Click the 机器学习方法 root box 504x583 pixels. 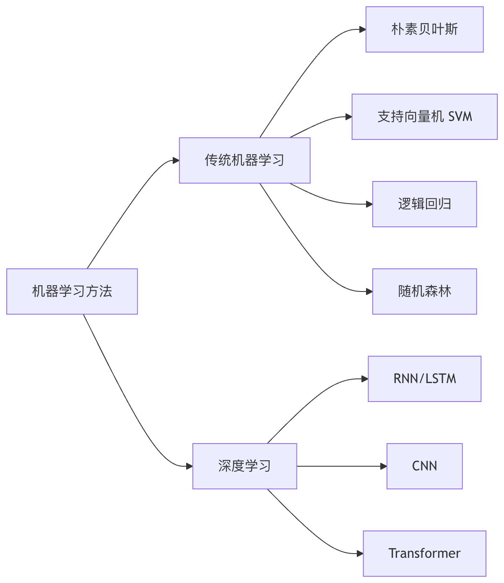72,291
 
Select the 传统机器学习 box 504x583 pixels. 244,160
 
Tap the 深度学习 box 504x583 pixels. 244,466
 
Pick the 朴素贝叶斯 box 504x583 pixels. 424,29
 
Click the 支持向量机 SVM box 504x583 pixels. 424,117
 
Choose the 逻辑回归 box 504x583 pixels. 424,204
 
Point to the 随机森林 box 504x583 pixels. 424,291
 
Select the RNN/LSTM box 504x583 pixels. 424,379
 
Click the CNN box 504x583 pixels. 424,466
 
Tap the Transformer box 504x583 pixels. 424,554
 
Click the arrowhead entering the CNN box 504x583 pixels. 384,466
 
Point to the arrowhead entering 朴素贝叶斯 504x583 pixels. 363,29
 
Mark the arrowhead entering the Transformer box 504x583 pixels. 360,554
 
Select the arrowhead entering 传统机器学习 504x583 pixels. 176,160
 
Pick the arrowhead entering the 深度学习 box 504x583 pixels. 190,466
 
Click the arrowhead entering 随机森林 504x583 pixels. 369,291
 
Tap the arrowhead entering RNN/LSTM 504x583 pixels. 365,379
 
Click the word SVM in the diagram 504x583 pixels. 460,117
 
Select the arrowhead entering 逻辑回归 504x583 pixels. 369,204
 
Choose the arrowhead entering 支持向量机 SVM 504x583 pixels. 349,117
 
